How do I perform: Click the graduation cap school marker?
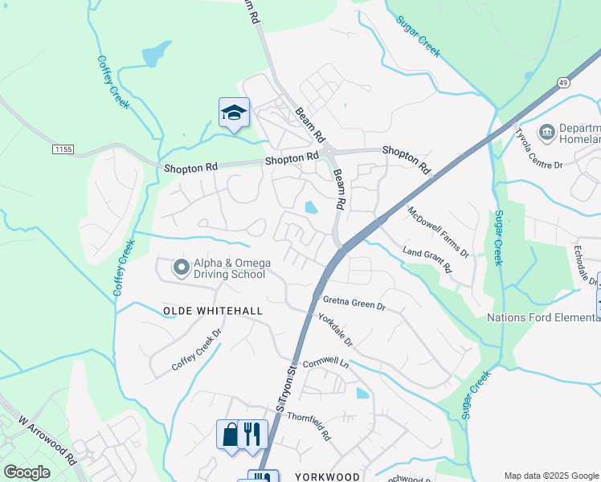tap(234, 112)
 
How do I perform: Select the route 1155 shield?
tap(63, 149)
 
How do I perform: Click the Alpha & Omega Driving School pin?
tap(181, 267)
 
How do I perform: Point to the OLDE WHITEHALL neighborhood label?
tap(202, 310)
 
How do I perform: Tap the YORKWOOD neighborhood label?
tap(327, 476)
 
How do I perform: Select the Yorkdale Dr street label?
tap(335, 329)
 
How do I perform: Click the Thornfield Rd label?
tap(309, 427)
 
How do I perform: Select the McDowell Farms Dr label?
tap(438, 232)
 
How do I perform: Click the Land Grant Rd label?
tap(426, 261)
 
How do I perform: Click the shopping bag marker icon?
tap(229, 434)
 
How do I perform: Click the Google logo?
tap(27, 472)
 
